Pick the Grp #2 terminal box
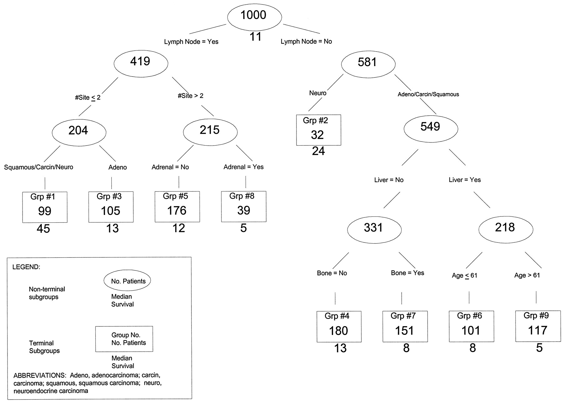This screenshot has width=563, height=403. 318,130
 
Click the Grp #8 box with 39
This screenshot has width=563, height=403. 243,206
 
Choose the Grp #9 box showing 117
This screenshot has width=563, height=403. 538,326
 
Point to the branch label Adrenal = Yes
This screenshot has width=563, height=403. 243,167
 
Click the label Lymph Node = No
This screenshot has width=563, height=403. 306,42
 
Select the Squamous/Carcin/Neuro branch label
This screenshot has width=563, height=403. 38,167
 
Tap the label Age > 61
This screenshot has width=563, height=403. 527,276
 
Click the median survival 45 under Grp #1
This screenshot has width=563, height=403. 43,229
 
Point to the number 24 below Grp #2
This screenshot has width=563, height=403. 318,152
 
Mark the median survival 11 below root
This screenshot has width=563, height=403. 255,37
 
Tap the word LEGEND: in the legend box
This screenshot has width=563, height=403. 26,267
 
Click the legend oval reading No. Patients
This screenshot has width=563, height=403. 127,281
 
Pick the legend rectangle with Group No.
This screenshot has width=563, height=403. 124,339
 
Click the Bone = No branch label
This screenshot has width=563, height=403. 332,273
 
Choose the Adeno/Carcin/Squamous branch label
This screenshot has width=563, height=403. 428,94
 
